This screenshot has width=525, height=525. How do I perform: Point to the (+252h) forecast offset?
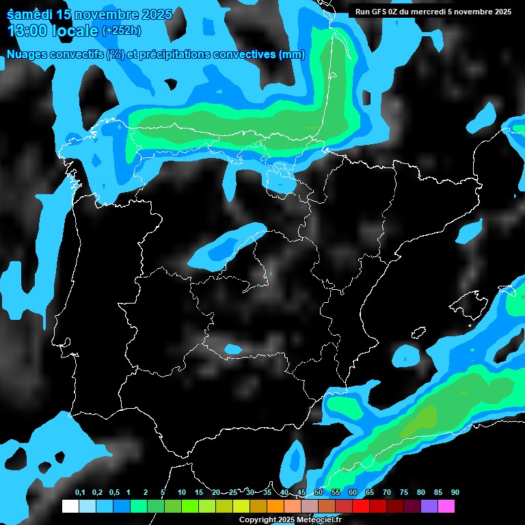point(121,31)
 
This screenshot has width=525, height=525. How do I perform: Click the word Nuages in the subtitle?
point(27,55)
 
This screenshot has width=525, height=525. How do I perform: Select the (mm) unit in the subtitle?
point(291,55)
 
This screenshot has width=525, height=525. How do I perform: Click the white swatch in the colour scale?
point(70,507)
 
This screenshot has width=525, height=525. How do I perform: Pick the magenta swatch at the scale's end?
point(446,507)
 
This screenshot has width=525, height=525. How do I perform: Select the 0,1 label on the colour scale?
point(80,493)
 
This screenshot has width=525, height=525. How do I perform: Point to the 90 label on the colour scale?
point(455,493)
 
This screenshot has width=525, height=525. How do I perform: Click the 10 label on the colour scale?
point(182,493)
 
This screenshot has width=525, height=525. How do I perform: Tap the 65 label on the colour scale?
point(369,493)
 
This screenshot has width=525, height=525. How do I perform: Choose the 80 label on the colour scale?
point(420,493)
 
